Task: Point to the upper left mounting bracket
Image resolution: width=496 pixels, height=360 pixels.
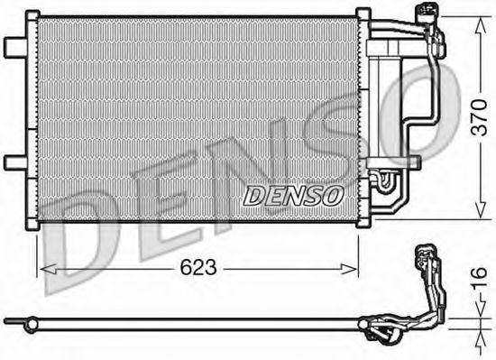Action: (15, 46)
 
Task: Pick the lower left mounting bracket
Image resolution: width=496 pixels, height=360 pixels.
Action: (15, 162)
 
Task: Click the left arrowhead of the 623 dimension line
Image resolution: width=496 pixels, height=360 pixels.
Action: (41, 268)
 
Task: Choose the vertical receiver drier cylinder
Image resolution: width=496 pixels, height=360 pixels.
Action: (388, 99)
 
